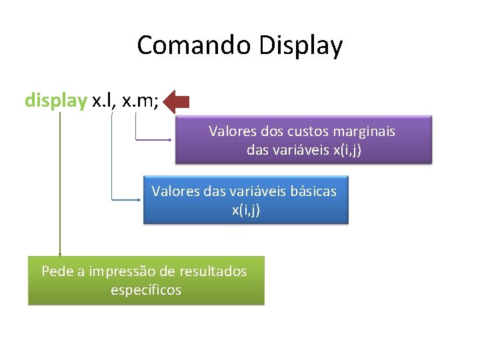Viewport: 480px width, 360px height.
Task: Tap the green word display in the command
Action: (x=55, y=101)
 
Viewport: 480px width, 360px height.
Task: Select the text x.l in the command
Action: (x=103, y=101)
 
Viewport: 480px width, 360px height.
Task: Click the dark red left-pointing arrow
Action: (x=177, y=101)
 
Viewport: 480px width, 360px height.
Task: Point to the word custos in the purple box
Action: (x=310, y=131)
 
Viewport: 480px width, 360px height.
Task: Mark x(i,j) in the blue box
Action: (x=246, y=210)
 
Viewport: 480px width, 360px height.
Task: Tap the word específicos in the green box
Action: (x=146, y=290)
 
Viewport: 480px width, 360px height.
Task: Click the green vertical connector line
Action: (x=59, y=187)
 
